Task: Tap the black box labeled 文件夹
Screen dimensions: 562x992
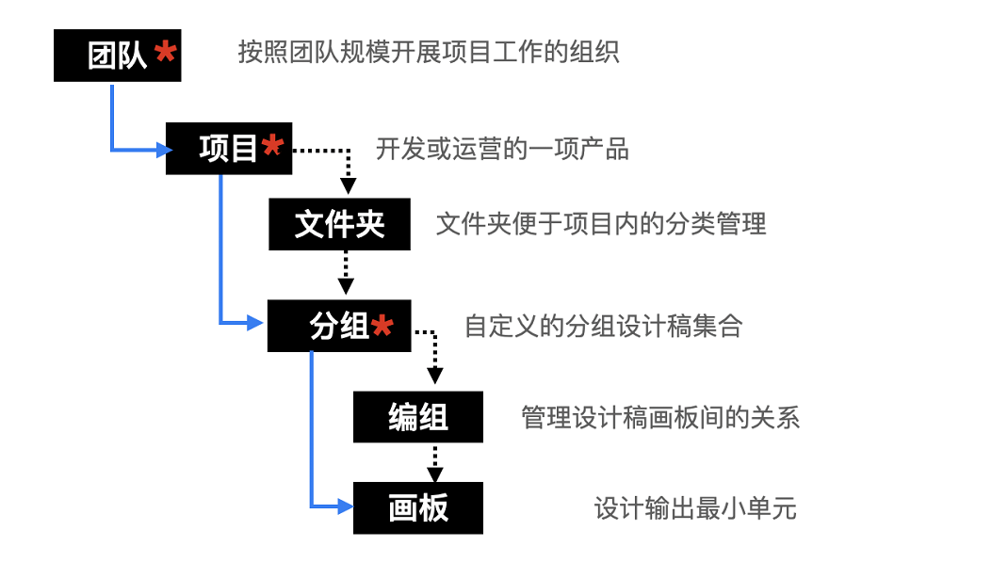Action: pos(339,224)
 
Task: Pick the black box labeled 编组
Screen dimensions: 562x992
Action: pos(417,417)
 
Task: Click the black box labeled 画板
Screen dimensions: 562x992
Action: pos(417,508)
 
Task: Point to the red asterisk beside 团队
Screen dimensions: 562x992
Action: pos(165,53)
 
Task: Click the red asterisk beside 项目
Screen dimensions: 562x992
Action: pos(272,146)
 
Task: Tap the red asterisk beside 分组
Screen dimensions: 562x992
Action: pos(382,326)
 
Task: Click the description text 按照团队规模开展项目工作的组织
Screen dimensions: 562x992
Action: pos(429,53)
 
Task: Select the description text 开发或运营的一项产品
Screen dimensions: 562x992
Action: pos(502,149)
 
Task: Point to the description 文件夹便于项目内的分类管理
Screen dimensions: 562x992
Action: pos(601,224)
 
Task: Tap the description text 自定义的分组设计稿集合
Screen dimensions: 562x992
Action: pos(603,327)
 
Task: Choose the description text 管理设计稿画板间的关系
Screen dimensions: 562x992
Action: pos(660,417)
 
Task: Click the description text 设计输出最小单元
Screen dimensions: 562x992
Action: pos(695,508)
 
